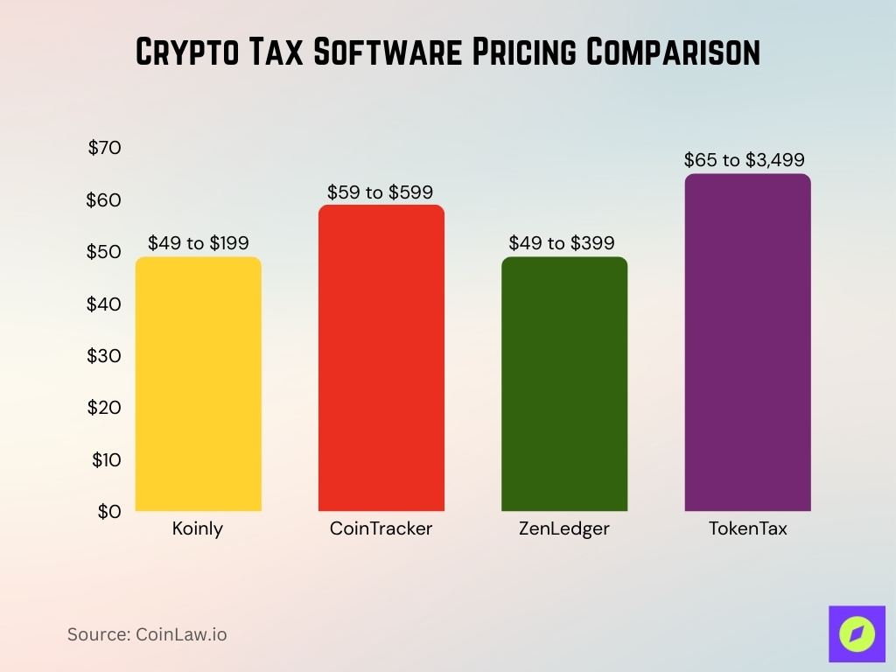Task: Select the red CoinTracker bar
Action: [381, 358]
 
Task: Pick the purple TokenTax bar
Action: [747, 342]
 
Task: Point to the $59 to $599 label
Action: [381, 192]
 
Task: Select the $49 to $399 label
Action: [563, 243]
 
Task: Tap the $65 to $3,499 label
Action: [745, 160]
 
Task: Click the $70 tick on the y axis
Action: [105, 148]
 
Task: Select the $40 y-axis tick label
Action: [104, 304]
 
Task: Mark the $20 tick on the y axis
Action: [104, 407]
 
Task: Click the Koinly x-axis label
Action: [198, 529]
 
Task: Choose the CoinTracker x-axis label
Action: [381, 529]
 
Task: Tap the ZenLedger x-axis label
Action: [563, 529]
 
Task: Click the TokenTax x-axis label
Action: [747, 529]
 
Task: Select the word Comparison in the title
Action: [673, 52]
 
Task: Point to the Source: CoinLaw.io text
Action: [147, 634]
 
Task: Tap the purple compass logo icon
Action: [857, 633]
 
